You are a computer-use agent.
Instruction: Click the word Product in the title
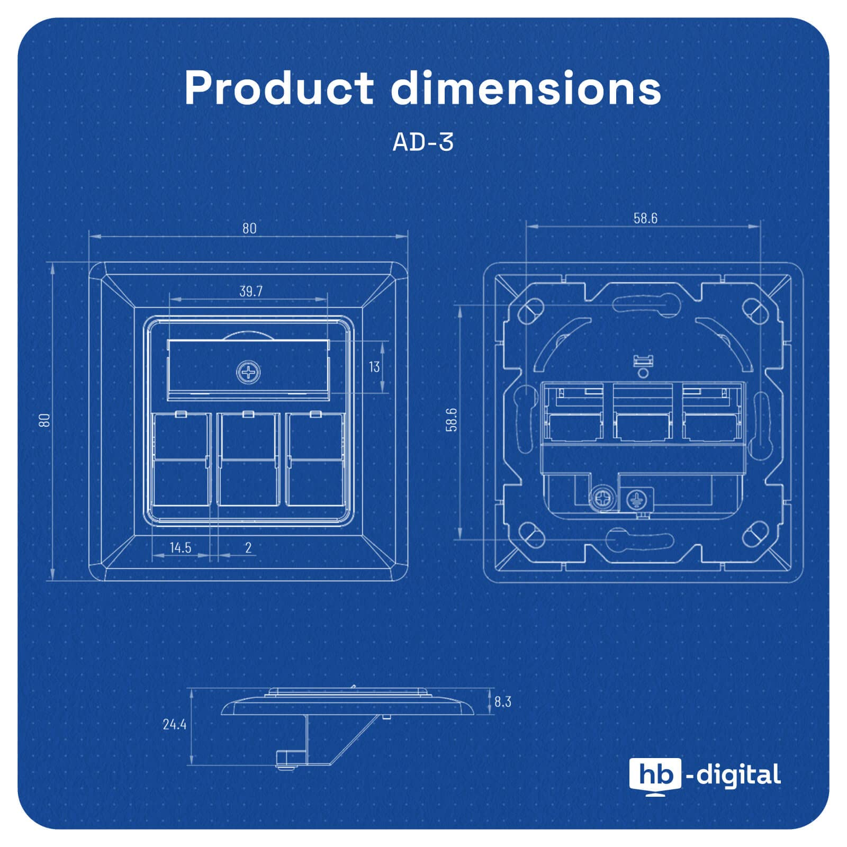coord(279,88)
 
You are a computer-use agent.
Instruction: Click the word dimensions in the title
coord(526,88)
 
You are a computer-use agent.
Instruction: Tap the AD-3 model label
coord(423,142)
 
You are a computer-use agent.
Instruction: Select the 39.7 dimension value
coord(250,291)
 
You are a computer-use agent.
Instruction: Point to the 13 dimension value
coord(374,367)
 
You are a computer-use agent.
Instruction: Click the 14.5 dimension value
coord(181,547)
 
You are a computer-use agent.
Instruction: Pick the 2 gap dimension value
coord(248,547)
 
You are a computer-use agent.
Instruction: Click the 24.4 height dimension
coord(175,724)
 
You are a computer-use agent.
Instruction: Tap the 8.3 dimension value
coord(503,702)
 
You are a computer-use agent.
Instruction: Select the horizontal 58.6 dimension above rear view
coord(645,218)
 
